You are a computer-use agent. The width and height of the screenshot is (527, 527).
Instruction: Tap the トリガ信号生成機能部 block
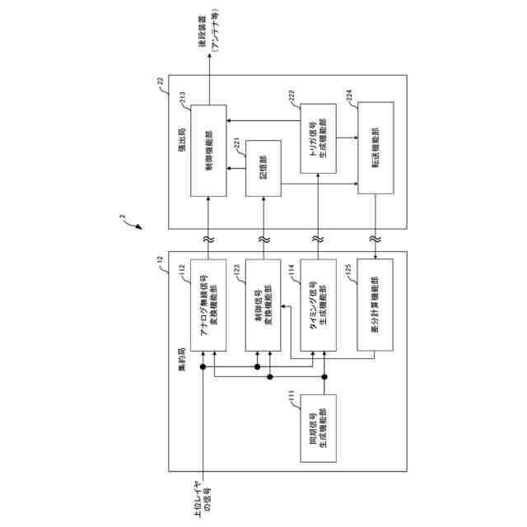click(x=318, y=139)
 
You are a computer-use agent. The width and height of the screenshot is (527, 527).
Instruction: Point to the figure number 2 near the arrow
click(x=122, y=217)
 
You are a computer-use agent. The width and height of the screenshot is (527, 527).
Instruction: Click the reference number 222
click(x=292, y=96)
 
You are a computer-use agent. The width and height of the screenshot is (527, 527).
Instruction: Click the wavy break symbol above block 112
click(x=209, y=238)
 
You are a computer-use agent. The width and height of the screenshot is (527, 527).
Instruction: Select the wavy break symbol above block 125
click(x=375, y=238)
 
